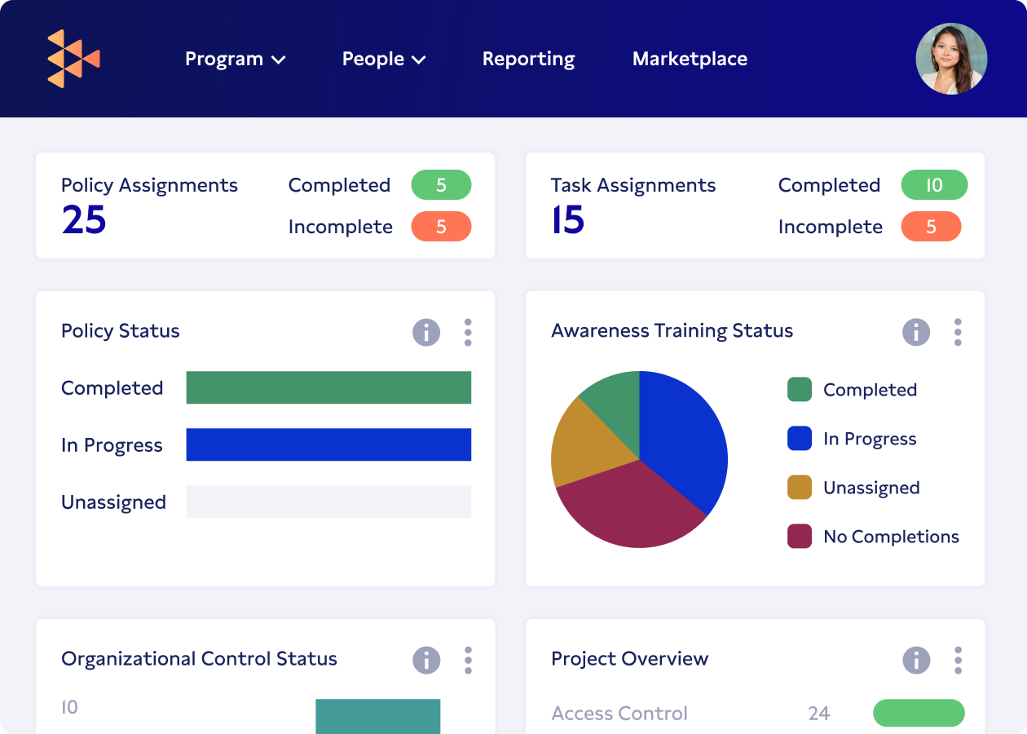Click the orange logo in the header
coord(73,59)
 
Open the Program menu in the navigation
coord(235,59)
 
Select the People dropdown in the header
coord(384,59)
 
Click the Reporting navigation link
coord(528,59)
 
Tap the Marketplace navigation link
coord(690,59)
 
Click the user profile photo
coord(951,59)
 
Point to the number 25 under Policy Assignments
coord(84,220)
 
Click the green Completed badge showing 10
coord(933,185)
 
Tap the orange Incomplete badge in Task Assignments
coord(931,227)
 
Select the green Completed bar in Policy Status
coord(328,387)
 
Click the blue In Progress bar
coord(328,444)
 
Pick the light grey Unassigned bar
coord(328,502)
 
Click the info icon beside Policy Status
coord(426,332)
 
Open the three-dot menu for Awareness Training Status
coord(958,332)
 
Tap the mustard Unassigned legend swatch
coord(800,488)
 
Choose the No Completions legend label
coord(891,537)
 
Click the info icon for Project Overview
coord(916,660)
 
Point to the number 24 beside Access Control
coord(818,714)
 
